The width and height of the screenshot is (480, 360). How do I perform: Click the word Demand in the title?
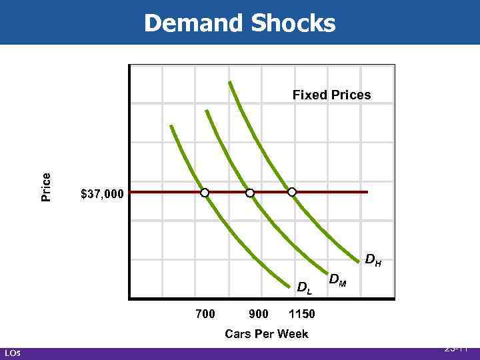point(193,23)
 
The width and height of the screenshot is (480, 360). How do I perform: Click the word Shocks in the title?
point(293,23)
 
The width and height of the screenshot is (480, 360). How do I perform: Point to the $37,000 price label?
point(102,194)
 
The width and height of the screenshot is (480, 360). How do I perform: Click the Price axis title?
point(46,187)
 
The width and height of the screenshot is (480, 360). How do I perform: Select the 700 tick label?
point(205,313)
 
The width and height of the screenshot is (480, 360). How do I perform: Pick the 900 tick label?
point(258,313)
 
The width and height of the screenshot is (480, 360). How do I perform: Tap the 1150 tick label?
point(302,313)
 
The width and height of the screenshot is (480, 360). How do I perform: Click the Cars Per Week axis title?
point(267,333)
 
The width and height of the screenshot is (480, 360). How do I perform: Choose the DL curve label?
point(304,288)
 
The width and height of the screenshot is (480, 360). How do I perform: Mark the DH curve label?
point(373,259)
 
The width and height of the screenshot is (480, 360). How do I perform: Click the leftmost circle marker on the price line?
point(205,193)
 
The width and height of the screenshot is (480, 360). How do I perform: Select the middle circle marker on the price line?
point(250,193)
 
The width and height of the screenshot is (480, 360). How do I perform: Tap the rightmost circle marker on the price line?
point(292,192)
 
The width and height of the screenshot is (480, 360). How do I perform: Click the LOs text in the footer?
point(12,353)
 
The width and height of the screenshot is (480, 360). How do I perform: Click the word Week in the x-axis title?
point(293,333)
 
